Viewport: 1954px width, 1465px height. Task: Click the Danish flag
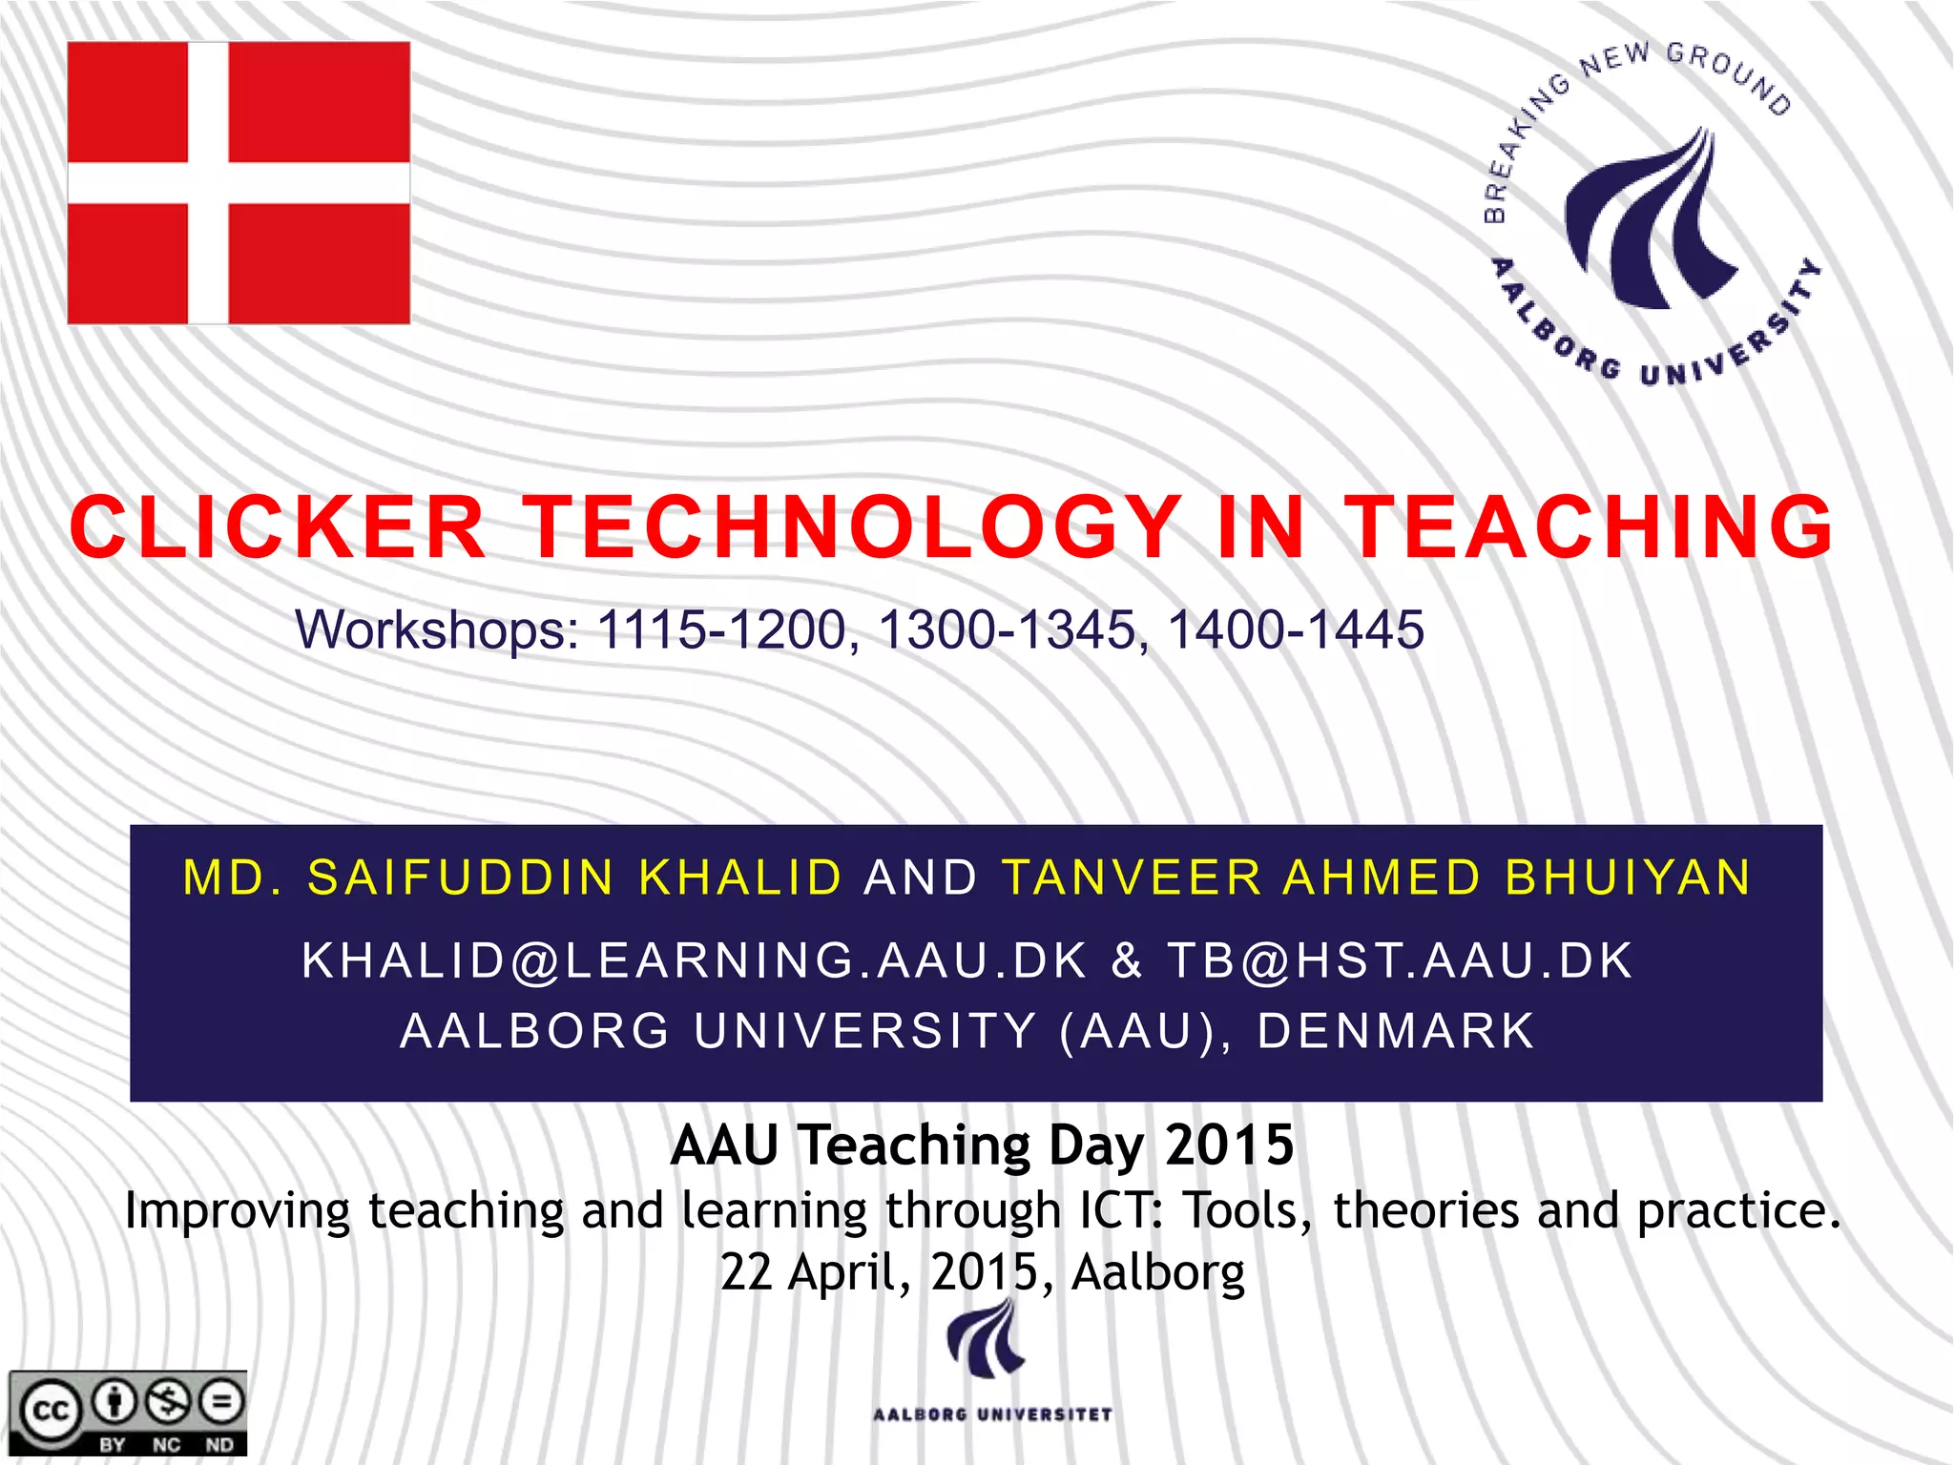pos(239,183)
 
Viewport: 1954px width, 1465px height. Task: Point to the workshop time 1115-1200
pos(721,630)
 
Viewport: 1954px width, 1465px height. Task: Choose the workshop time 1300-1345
pos(1007,630)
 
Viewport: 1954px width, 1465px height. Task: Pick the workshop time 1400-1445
pos(1296,630)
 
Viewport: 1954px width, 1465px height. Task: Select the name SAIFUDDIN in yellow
pos(461,877)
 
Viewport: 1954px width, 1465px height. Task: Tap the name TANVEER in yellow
pos(1132,877)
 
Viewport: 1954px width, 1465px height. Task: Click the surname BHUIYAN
pos(1628,877)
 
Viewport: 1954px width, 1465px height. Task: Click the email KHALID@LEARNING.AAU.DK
pos(695,960)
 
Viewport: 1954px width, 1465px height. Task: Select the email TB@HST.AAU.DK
pos(1401,960)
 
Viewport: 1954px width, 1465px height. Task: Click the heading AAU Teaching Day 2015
pos(982,1145)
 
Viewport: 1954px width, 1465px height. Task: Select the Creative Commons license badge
pos(128,1413)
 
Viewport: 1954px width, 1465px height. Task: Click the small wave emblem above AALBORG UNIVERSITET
pos(985,1340)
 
